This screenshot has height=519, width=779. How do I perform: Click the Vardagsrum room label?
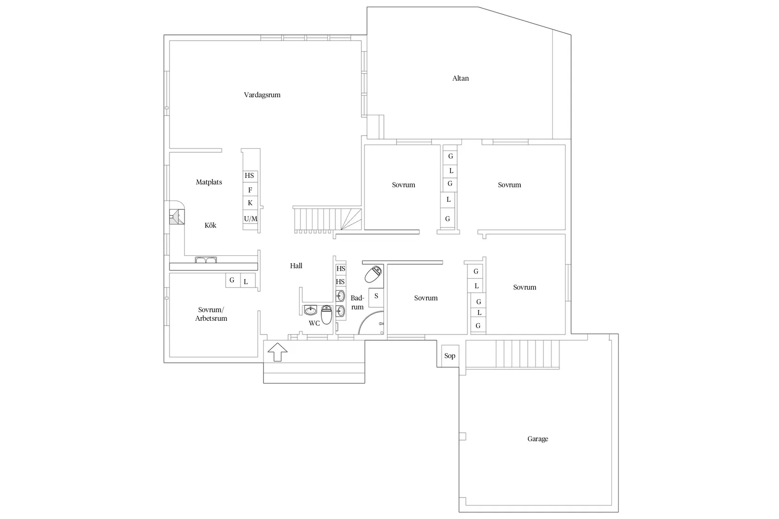[x=262, y=95]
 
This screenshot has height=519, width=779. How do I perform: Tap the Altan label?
[x=460, y=78]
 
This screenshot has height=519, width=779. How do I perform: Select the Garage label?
[x=538, y=439]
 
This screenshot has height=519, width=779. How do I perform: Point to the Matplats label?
[x=209, y=182]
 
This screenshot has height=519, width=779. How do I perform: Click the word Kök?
[x=211, y=225]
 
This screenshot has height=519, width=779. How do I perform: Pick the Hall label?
[x=296, y=266]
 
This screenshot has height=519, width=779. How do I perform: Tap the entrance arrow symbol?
[x=278, y=352]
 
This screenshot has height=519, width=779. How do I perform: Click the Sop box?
[x=450, y=356]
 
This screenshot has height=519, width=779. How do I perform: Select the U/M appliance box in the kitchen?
[x=250, y=218]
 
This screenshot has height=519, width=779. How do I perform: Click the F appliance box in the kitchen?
[x=250, y=190]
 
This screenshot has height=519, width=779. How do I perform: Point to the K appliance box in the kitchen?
[x=250, y=203]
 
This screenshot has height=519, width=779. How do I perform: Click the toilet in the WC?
[x=326, y=315]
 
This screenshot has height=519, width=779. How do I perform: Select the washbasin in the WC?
[x=311, y=310]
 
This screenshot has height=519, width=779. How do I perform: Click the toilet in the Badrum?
[x=373, y=274]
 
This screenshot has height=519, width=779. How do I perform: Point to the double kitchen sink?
[x=206, y=260]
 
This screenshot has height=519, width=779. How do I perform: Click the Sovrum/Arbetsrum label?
[x=211, y=314]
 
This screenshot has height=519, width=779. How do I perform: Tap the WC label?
[x=314, y=323]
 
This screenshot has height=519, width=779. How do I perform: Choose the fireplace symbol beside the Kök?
[x=177, y=217]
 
